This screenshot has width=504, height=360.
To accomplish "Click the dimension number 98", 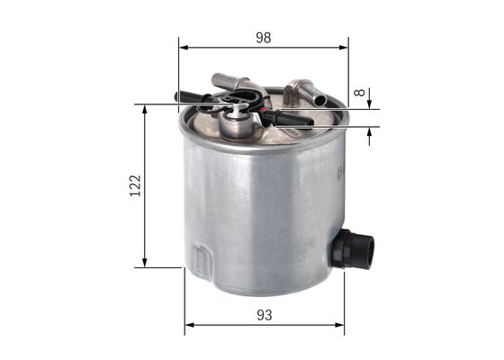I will point(263,38).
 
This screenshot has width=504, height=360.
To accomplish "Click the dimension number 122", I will point(135,185).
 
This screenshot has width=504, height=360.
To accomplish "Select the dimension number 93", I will point(264,316).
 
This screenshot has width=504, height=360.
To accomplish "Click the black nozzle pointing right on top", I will point(295,118).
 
